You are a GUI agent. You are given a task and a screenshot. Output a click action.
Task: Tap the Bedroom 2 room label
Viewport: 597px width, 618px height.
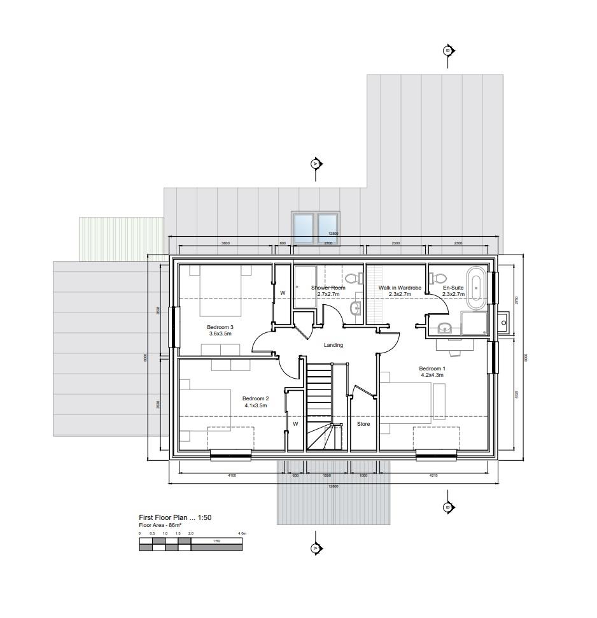(x=255, y=402)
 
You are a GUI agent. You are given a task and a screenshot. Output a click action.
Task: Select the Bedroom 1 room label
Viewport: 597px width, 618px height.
(x=432, y=372)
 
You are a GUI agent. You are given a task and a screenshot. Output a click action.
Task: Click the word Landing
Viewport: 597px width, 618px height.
(x=333, y=345)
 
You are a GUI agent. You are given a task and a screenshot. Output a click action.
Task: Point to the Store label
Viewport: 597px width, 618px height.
(x=363, y=423)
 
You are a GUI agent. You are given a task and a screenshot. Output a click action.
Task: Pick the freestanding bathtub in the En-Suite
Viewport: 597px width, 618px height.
(x=476, y=286)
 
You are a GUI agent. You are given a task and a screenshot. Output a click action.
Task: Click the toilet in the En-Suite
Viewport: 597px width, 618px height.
(x=439, y=277)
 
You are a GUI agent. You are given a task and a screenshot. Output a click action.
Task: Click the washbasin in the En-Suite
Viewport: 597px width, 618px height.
(x=445, y=328)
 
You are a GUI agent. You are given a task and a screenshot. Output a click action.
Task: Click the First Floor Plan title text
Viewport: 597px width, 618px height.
(x=175, y=518)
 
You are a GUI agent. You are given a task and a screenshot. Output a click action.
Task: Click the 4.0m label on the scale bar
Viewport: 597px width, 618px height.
(x=242, y=533)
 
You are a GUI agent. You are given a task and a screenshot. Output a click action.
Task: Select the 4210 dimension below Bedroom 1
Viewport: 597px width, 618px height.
(x=433, y=475)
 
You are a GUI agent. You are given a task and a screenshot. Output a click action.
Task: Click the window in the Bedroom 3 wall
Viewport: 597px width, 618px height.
(x=172, y=327)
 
